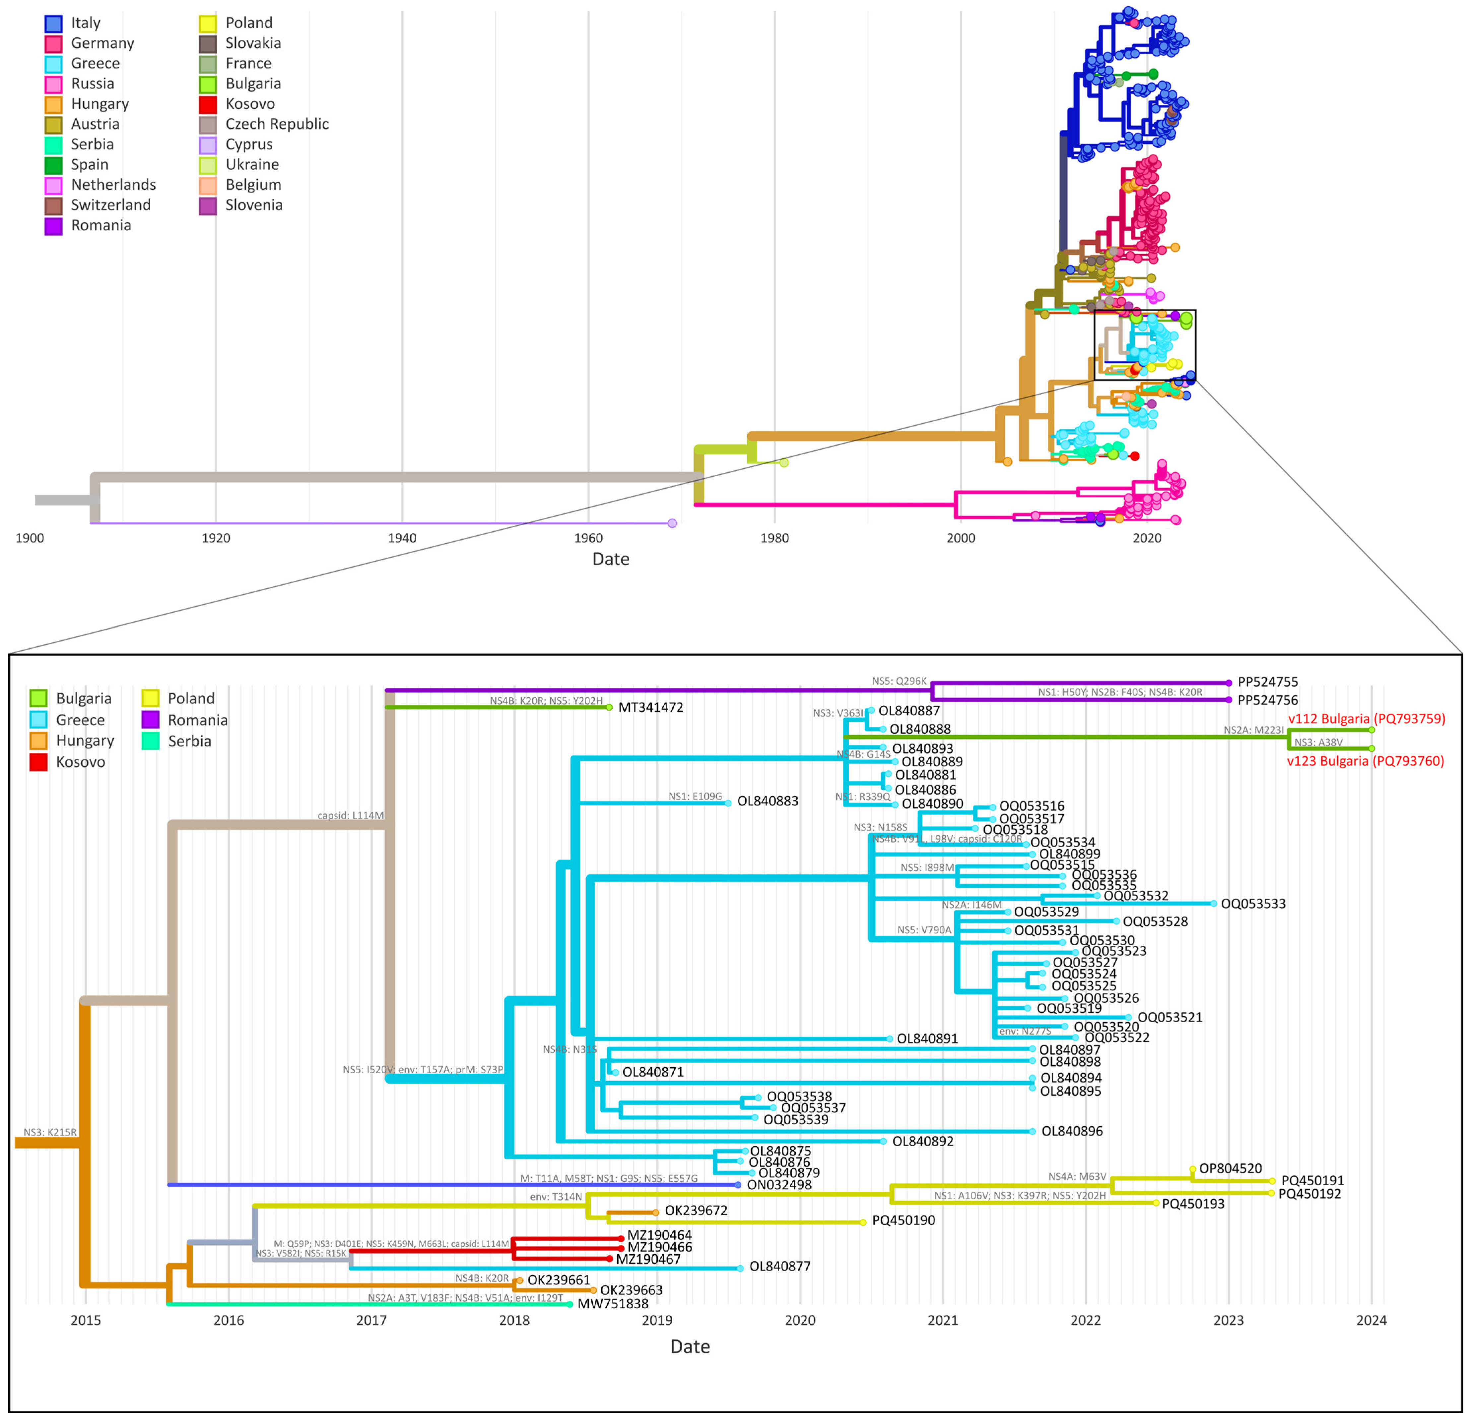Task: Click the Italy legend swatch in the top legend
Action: (53, 23)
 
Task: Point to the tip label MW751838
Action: (613, 1304)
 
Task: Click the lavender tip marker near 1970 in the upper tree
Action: (672, 523)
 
